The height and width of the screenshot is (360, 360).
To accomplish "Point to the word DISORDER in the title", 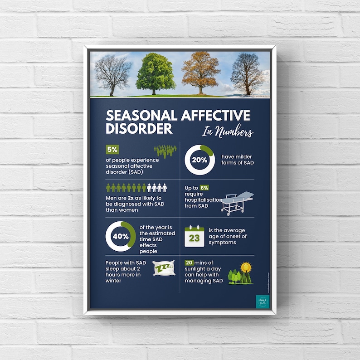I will pos(139,128).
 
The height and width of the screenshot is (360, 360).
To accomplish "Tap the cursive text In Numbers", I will pos(228,132).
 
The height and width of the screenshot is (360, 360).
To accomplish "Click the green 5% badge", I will pos(112,150).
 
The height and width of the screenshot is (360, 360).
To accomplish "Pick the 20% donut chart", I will pos(199,160).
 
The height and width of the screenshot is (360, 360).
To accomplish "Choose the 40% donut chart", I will pos(121,236).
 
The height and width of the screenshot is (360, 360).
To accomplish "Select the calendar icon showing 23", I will pos(195,237).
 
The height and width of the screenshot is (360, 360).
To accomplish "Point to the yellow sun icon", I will pos(246,267).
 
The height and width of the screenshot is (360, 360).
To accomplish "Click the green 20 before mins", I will pos(189,263).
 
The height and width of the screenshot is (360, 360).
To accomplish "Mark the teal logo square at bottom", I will pos(262,302).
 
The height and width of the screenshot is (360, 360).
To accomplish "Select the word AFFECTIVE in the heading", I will pos(215,116).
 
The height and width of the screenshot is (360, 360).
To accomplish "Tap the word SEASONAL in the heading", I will pos(141,116).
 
